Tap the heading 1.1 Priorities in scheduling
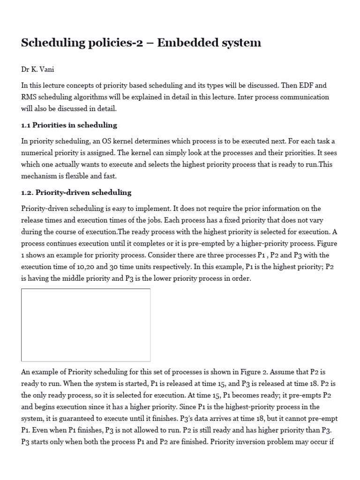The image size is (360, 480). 69,125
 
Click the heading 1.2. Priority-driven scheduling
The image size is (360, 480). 76,193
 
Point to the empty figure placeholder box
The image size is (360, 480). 86,325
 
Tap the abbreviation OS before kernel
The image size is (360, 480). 106,141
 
